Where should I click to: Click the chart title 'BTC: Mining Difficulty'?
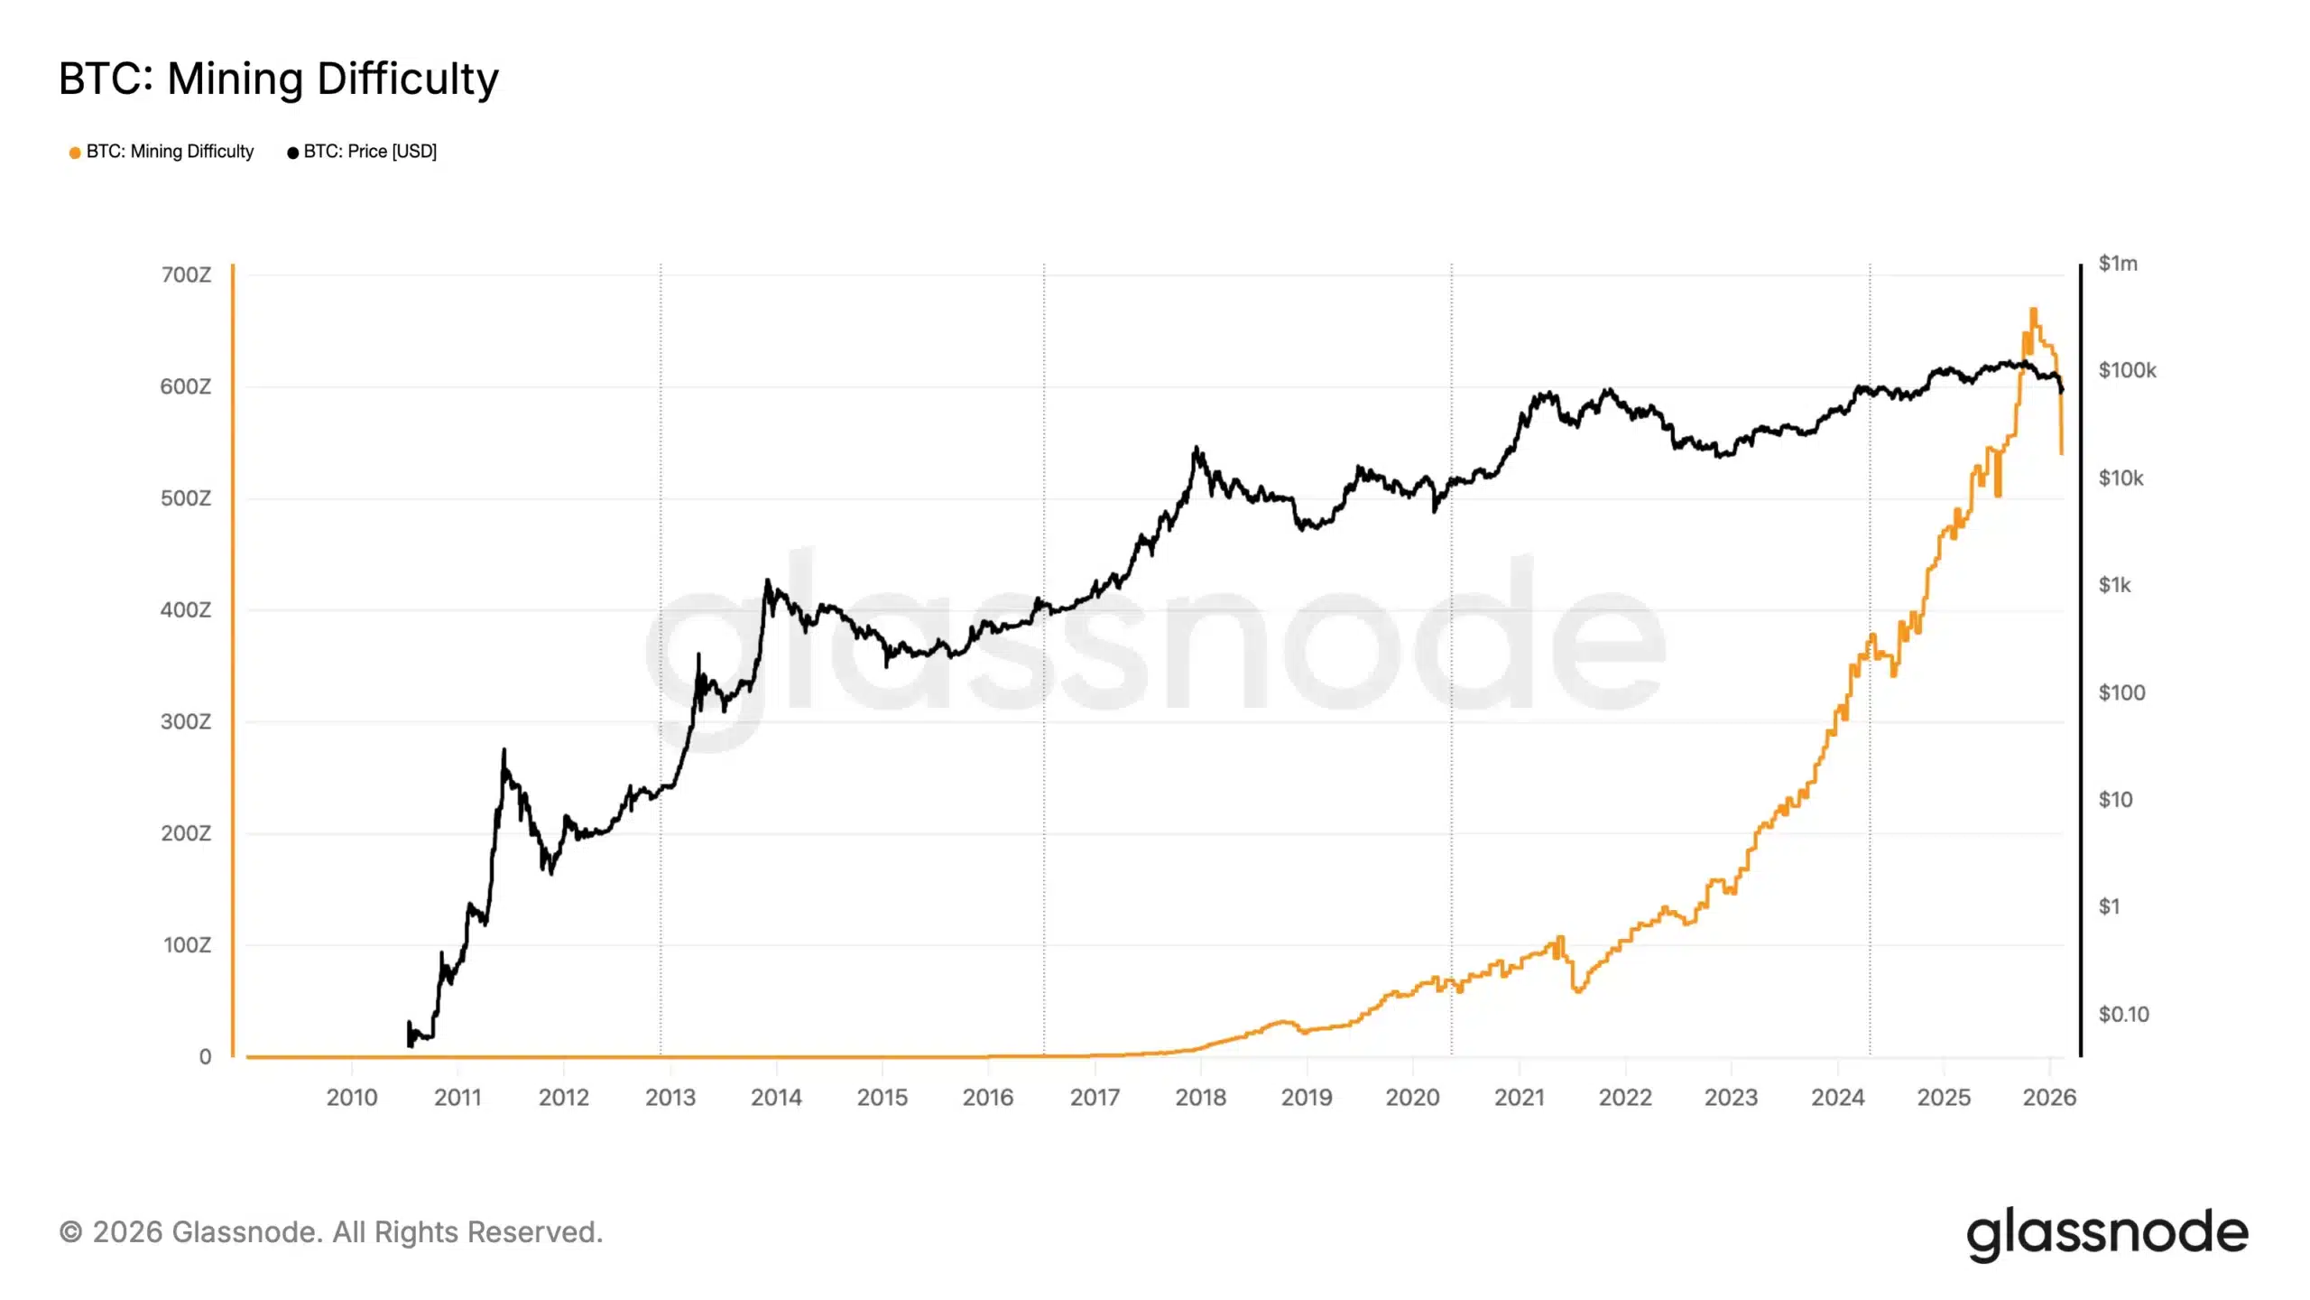coord(278,79)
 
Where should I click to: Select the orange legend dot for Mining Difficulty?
coord(75,153)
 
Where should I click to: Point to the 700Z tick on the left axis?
coord(186,274)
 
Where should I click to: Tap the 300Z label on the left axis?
coord(186,721)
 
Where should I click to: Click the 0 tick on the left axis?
coord(205,1056)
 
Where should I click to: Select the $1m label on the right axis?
coord(2117,264)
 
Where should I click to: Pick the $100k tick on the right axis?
coord(2127,370)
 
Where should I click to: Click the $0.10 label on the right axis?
coord(2123,1014)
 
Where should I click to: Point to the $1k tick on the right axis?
coord(2114,585)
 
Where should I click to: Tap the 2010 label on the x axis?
coord(352,1098)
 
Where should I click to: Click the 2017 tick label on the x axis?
coord(1095,1098)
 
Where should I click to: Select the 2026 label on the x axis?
coord(2049,1098)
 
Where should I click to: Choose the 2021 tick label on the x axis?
coord(1520,1098)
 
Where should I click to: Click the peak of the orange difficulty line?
coord(2033,311)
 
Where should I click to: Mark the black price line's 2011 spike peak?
coord(504,750)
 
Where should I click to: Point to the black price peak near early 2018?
coord(1197,448)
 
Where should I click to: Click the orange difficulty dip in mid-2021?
coord(1577,990)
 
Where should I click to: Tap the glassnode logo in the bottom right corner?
coord(2107,1233)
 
